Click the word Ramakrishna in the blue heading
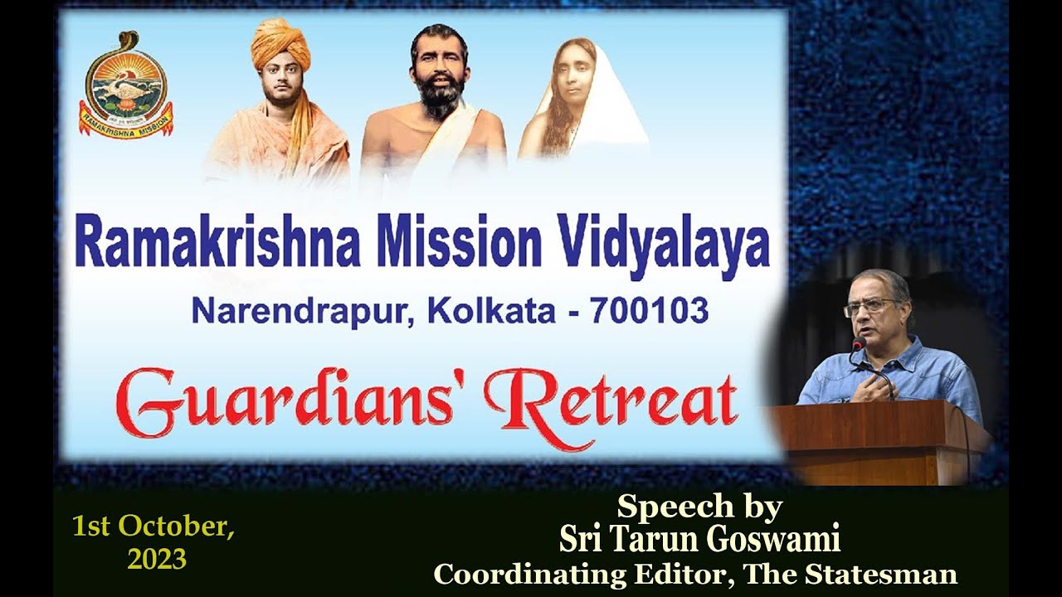tap(217, 241)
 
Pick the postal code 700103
tap(649, 311)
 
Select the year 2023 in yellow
tap(156, 559)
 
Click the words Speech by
tap(699, 507)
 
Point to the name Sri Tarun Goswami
tap(699, 540)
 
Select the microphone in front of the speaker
tap(858, 343)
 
